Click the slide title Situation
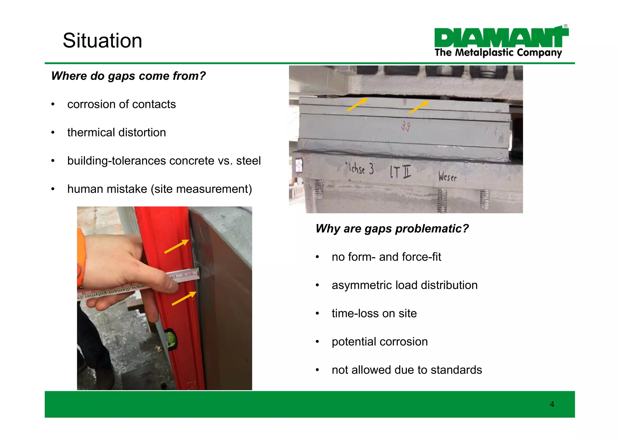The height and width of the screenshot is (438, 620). tap(102, 41)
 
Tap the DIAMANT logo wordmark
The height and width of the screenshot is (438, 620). tap(501, 38)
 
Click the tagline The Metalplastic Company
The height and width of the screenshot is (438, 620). tap(498, 53)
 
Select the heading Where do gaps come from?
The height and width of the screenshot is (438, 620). tap(128, 76)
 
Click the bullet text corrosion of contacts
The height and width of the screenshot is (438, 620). tap(121, 104)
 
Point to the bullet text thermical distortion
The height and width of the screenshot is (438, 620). tap(117, 132)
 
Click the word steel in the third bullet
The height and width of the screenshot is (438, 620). tap(248, 161)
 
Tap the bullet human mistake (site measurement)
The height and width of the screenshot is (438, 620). tap(160, 189)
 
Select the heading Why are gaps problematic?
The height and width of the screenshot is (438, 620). tap(392, 229)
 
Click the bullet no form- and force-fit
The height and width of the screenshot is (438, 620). tap(386, 257)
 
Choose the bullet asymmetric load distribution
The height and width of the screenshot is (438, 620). tap(404, 285)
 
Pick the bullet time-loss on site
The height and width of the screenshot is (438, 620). tap(374, 313)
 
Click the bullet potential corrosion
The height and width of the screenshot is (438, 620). tap(380, 342)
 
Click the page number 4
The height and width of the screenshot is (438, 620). tap(552, 404)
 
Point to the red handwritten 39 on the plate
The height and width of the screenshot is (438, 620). tap(406, 126)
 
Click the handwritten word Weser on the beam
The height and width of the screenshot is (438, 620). tap(447, 176)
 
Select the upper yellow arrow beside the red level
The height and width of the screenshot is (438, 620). tap(176, 246)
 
